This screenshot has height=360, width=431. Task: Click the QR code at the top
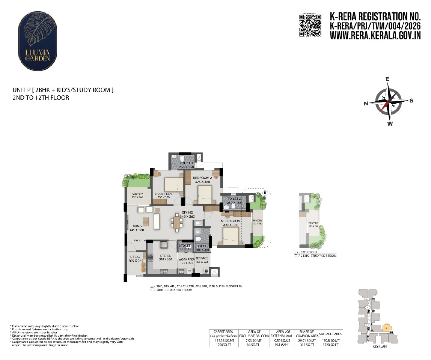(x=310, y=26)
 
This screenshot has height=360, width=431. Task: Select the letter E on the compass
(x=388, y=79)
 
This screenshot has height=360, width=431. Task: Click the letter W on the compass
(x=390, y=124)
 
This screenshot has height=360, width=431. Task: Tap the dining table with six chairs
(x=177, y=223)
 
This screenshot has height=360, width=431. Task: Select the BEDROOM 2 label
(x=203, y=178)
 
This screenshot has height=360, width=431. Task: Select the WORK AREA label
(x=186, y=259)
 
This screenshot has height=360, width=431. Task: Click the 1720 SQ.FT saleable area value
(x=330, y=344)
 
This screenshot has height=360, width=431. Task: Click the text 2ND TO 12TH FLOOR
(x=41, y=98)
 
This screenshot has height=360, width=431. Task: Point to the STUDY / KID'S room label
(x=163, y=194)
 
